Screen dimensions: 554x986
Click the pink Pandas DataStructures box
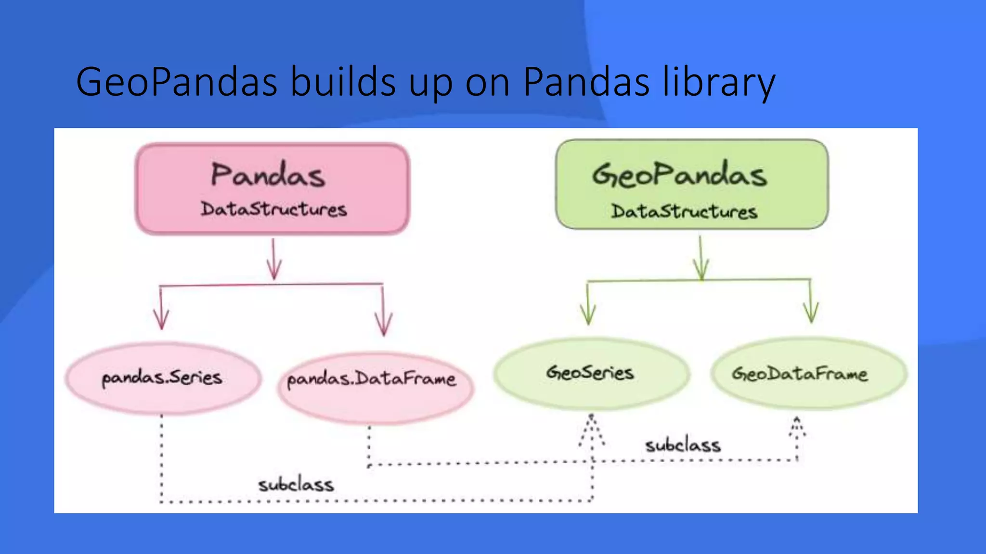point(272,189)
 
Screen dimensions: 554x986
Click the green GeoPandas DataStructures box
point(692,184)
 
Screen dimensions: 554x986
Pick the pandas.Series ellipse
point(163,378)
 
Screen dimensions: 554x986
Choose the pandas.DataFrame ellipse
point(375,389)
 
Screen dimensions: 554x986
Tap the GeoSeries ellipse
point(591,373)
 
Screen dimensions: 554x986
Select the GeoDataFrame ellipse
point(808,374)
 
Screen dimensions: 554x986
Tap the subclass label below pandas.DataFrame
point(296,485)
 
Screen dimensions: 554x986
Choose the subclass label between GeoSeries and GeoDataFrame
point(683,445)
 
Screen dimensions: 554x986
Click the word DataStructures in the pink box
point(273,210)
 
